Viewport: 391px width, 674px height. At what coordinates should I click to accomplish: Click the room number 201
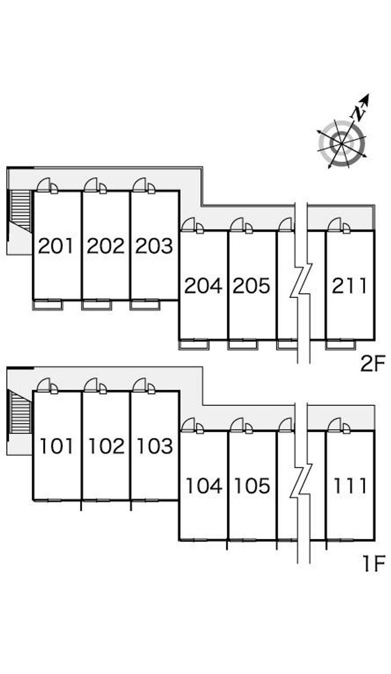pyautogui.click(x=56, y=246)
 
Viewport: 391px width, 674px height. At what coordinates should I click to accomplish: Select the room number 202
pyautogui.click(x=106, y=246)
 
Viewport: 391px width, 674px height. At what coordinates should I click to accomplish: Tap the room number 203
pyautogui.click(x=154, y=246)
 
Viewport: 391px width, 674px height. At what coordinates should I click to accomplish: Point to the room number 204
pyautogui.click(x=203, y=286)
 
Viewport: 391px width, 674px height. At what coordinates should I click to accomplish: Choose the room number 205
pyautogui.click(x=251, y=286)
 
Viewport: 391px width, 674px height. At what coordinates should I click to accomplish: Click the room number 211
pyautogui.click(x=349, y=286)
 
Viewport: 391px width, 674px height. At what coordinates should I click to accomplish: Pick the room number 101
pyautogui.click(x=56, y=446)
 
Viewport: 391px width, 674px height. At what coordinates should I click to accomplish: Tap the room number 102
pyautogui.click(x=106, y=446)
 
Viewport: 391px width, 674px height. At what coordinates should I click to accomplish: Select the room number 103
pyautogui.click(x=154, y=446)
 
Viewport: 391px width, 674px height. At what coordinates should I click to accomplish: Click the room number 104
pyautogui.click(x=203, y=486)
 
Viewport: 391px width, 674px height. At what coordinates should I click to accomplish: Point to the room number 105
pyautogui.click(x=251, y=486)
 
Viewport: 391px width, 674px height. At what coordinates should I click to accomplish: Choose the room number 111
pyautogui.click(x=349, y=486)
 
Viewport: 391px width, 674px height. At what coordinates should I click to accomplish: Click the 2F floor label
pyautogui.click(x=373, y=364)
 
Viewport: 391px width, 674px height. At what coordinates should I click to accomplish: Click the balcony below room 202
pyautogui.click(x=96, y=305)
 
